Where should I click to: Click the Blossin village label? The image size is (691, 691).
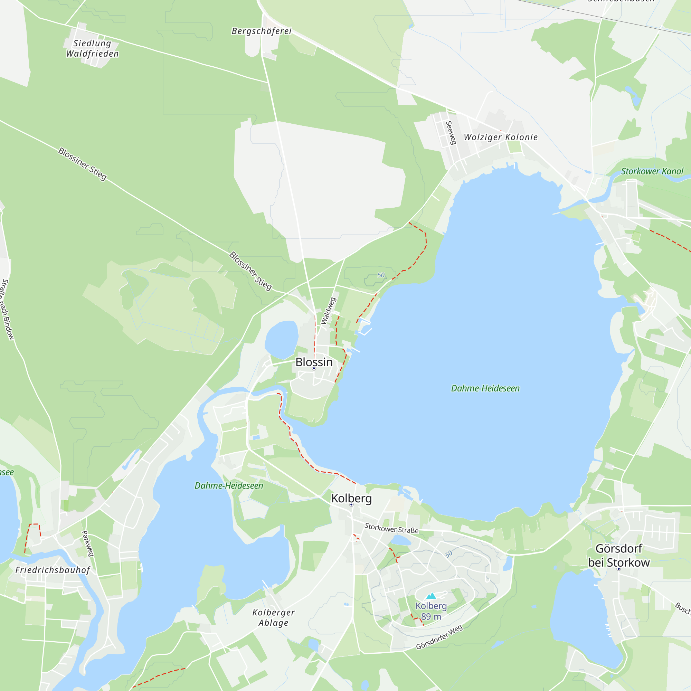coord(314,362)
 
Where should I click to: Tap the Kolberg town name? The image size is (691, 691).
coord(351,498)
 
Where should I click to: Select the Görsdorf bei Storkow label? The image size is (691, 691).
coord(619,556)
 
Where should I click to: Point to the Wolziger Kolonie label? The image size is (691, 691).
coord(500,137)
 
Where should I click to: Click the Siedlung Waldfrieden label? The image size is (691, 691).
coord(92,48)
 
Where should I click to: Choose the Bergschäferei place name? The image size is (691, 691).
coord(262,31)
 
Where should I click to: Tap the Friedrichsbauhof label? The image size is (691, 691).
coord(53,570)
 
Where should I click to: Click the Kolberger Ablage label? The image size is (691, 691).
coord(274,618)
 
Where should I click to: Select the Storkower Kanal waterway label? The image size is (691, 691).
coord(652,171)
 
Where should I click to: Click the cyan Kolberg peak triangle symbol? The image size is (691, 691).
coord(431,596)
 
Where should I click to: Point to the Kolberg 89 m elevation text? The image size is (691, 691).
coord(431,611)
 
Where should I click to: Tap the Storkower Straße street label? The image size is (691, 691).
coord(391,528)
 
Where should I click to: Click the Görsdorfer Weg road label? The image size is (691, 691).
coord(439,637)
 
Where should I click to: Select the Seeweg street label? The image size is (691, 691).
coord(451,132)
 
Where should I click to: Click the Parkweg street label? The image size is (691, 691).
coord(88,543)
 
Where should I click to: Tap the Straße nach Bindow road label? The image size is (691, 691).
coord(7,309)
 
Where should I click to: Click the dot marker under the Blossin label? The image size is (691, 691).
coord(314,368)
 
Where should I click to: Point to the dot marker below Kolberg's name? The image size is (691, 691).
coord(351,505)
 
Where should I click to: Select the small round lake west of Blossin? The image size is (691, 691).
coord(282,339)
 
